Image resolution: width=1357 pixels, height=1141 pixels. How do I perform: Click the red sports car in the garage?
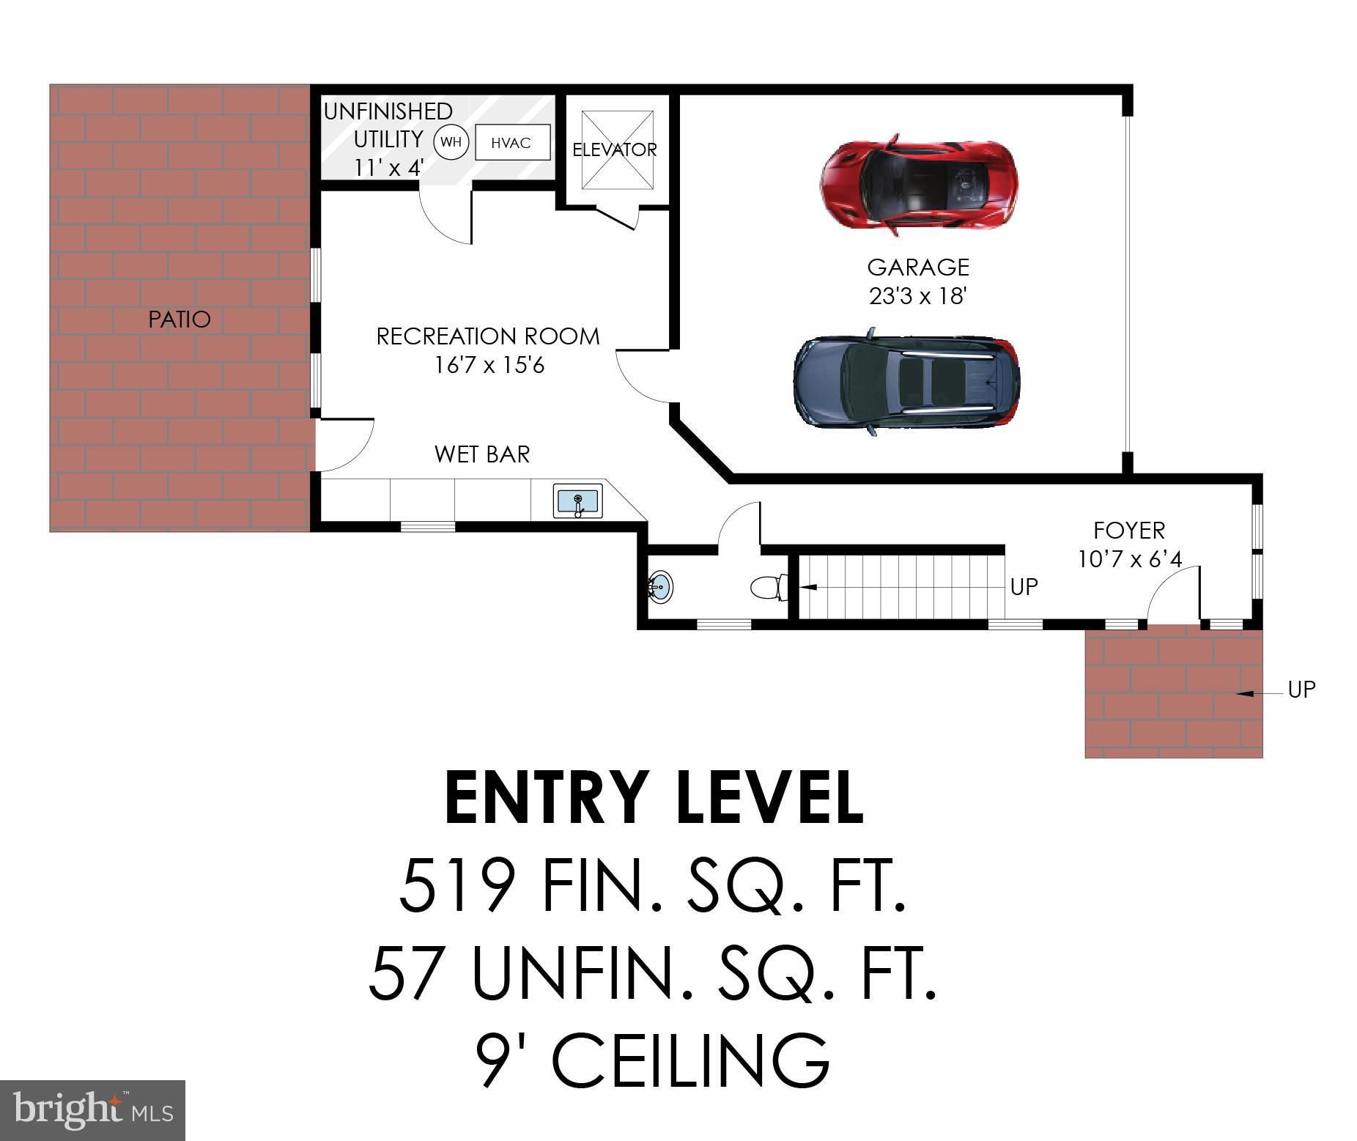tap(919, 184)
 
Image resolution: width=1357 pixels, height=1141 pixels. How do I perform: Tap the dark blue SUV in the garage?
tap(906, 381)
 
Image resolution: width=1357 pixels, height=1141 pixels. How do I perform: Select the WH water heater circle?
tap(451, 142)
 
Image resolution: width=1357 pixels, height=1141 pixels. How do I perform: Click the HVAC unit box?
tap(512, 142)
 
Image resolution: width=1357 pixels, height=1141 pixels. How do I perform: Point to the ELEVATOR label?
tap(614, 149)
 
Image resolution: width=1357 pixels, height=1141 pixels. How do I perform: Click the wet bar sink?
tap(578, 501)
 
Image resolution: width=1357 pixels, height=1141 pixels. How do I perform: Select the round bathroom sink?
tap(660, 587)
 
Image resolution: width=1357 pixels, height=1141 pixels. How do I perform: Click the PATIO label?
tap(180, 319)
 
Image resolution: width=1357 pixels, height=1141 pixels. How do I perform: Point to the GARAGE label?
tap(918, 267)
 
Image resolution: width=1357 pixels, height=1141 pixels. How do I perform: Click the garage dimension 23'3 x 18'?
tap(918, 296)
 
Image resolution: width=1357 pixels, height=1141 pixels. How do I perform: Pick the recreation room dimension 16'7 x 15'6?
tap(489, 364)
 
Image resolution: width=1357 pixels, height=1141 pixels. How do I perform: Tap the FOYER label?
tap(1129, 530)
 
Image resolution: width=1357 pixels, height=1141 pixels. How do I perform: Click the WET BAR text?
tap(482, 454)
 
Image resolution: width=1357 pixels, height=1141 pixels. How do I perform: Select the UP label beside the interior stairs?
tap(1024, 586)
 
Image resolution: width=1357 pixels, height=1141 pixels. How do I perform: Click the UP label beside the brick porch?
tap(1302, 690)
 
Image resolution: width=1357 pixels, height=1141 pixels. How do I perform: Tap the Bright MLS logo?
tap(92, 1110)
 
